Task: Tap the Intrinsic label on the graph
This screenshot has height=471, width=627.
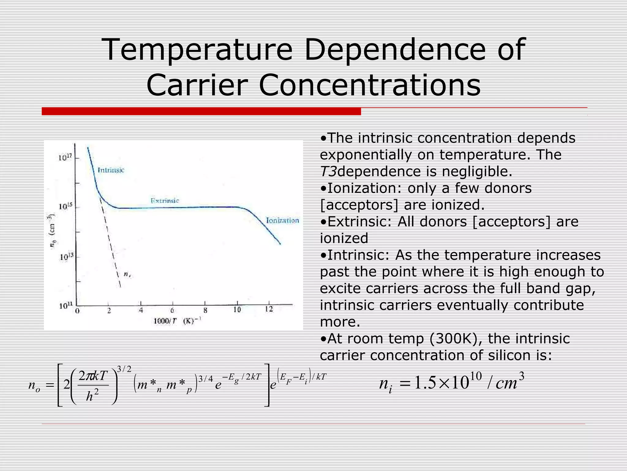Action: [x=111, y=170]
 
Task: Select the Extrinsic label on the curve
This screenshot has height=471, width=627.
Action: [x=165, y=201]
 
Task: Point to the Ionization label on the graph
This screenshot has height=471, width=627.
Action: [x=282, y=220]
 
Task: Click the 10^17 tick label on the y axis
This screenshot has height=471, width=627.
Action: [x=65, y=158]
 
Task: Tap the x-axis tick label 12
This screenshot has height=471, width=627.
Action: [x=269, y=309]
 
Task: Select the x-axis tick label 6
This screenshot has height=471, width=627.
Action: [x=172, y=310]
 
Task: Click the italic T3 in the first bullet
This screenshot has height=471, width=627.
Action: [x=328, y=171]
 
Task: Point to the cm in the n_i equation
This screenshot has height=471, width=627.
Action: [x=506, y=384]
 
